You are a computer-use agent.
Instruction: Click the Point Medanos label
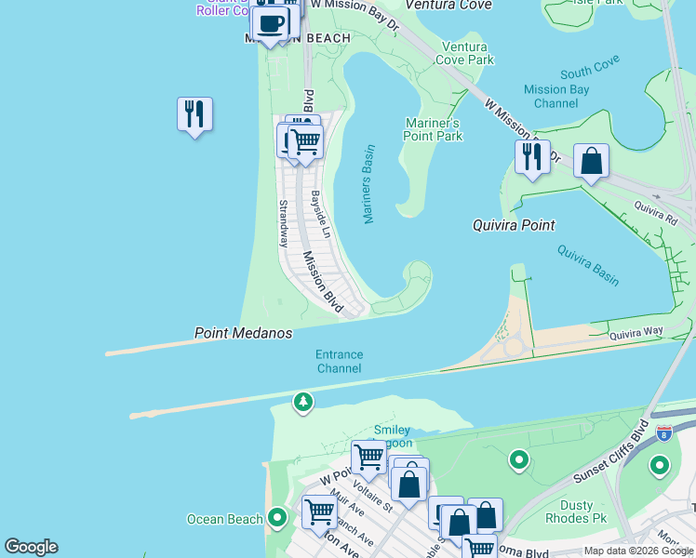point(243,333)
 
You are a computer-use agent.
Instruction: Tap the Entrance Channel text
point(339,362)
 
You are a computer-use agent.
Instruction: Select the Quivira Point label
point(514,225)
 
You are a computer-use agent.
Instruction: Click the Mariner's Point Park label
point(434,129)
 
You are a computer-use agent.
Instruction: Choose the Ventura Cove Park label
point(468,53)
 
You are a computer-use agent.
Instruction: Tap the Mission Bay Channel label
point(556,97)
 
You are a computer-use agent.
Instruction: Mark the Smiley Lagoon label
point(393,437)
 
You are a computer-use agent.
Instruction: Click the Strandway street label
point(282,223)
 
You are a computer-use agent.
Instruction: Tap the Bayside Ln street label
point(319,214)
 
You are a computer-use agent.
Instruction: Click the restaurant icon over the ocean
point(194,114)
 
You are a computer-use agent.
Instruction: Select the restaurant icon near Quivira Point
point(532,157)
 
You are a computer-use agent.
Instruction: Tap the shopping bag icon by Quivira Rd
point(591,161)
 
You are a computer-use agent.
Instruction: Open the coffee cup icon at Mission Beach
point(270,23)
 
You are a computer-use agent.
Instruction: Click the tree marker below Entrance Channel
point(302,402)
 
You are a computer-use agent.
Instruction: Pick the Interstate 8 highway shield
point(663,433)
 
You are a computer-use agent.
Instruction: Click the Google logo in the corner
point(31,547)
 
